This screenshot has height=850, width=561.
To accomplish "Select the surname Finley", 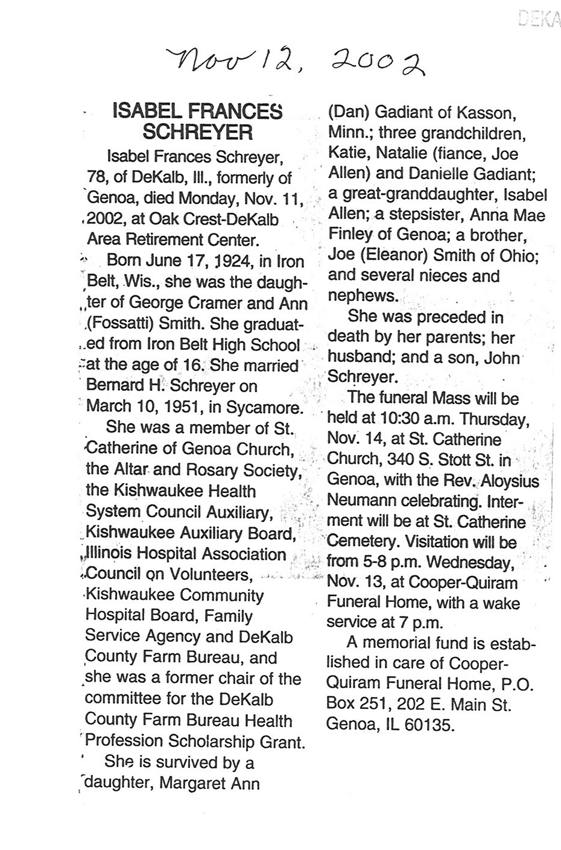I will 352,236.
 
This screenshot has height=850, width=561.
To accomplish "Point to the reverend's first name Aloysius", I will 508,481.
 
